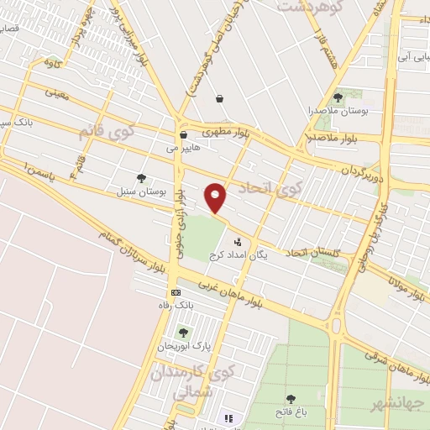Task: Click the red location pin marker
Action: point(216,197)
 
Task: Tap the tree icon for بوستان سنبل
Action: point(141,177)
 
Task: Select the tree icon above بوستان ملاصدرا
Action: point(338,97)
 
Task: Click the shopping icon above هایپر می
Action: point(183,134)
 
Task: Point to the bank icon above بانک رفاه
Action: point(176,292)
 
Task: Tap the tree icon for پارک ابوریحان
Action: point(183,333)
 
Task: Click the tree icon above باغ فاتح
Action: point(291,399)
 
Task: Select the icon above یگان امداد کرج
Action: point(238,242)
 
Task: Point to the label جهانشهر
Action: point(400,404)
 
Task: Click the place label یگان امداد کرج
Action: point(239,255)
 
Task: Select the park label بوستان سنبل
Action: point(142,191)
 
